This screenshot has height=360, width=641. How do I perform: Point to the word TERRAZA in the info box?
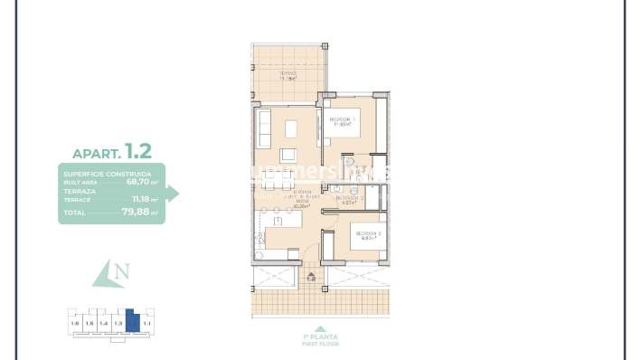click(x=80, y=192)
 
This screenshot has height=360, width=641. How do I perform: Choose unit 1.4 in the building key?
click(x=103, y=322)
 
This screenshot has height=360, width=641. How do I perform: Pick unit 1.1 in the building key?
click(x=146, y=322)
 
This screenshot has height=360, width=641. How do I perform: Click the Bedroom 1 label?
click(x=342, y=120)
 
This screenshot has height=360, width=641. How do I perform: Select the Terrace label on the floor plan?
click(x=288, y=73)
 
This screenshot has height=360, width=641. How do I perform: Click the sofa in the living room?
click(x=264, y=128)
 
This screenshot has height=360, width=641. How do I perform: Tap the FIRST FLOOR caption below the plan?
click(x=317, y=346)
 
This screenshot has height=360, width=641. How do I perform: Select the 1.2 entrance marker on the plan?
click(x=311, y=279)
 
